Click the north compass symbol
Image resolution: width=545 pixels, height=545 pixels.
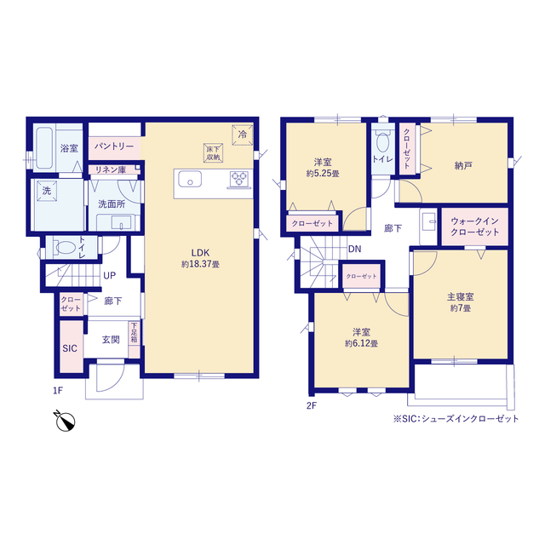point(65,421)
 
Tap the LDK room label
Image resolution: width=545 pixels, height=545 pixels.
point(200,253)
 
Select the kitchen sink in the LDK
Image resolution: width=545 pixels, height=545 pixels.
point(190,179)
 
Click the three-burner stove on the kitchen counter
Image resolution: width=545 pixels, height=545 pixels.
point(239,180)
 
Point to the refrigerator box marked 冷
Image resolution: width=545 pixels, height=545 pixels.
point(242,135)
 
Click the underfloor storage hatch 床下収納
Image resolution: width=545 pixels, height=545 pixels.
point(213,153)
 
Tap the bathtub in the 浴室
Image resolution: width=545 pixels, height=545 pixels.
point(44,148)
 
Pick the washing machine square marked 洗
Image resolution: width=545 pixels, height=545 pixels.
point(47,191)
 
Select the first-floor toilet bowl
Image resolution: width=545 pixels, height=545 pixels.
point(65,248)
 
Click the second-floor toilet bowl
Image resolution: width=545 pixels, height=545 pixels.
point(382,141)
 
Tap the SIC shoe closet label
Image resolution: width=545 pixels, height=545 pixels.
point(70,348)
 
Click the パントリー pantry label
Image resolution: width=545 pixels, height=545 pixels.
point(114,146)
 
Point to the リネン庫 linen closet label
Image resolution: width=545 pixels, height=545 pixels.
point(110,169)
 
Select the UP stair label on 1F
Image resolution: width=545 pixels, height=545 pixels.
point(110,276)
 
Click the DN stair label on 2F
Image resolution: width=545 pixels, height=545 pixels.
point(354,249)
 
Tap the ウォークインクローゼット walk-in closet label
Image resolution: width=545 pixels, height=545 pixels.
point(475,227)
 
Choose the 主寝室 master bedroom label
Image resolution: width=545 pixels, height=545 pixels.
point(460,297)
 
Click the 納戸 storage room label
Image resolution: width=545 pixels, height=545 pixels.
point(463,166)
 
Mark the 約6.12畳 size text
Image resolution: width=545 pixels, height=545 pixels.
point(361,343)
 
